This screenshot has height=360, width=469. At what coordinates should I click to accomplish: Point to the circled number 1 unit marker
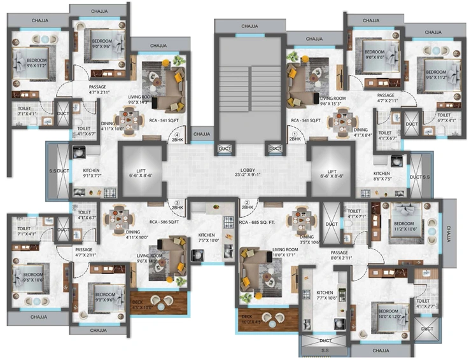(x=295, y=134)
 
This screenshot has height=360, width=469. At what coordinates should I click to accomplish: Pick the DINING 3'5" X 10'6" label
(x=298, y=222)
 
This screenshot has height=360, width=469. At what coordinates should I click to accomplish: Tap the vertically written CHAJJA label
(x=449, y=235)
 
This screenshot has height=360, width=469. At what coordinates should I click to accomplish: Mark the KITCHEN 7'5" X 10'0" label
(x=209, y=238)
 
